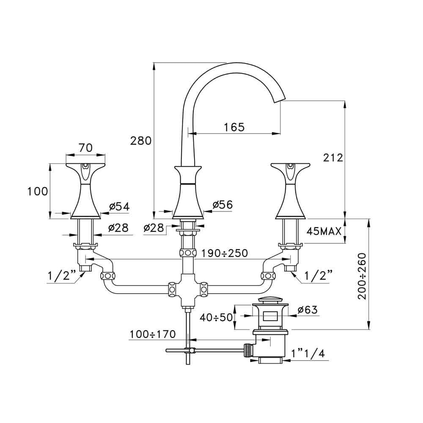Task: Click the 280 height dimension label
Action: click(141, 141)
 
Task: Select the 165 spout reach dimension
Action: click(234, 127)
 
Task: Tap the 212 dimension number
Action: click(333, 157)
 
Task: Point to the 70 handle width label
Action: click(85, 148)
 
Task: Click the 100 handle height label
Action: click(38, 191)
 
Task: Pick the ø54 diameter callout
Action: click(120, 207)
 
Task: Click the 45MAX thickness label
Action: click(324, 231)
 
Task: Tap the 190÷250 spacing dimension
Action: click(225, 253)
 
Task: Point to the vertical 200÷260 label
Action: click(363, 276)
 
